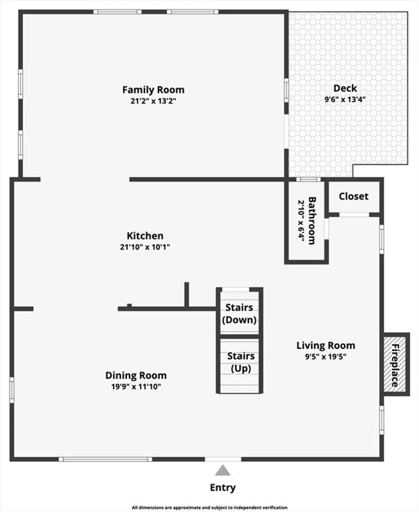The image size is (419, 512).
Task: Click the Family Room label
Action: [153, 90]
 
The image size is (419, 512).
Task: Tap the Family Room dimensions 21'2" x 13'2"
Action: [153, 101]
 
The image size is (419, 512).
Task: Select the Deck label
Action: [345, 88]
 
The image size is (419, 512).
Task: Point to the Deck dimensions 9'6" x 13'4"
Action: [345, 99]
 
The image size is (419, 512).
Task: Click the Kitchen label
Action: [145, 236]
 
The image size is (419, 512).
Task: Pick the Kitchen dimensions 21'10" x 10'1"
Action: [145, 247]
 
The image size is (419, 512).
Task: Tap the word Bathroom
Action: [312, 220]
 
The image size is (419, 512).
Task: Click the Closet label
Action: [354, 196]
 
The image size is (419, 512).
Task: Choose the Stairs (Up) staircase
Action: [240, 366]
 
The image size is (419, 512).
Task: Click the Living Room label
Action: [326, 346]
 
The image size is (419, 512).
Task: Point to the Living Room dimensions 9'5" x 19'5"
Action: [326, 357]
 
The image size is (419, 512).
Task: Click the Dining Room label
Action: [136, 375]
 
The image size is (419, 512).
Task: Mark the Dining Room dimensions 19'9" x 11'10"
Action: [136, 387]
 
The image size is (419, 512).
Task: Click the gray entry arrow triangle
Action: [223, 471]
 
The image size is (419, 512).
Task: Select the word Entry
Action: [223, 487]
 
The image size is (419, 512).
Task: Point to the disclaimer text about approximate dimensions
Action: [210, 507]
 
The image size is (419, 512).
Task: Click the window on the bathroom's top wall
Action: [308, 179]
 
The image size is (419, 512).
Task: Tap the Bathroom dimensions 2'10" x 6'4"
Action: [301, 221]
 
